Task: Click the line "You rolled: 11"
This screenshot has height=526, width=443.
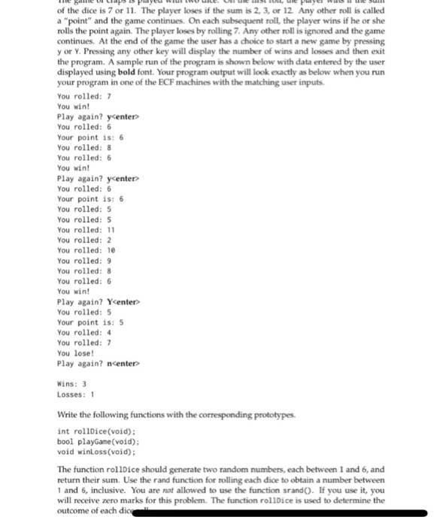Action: [85, 229]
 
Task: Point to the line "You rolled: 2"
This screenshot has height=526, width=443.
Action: [83, 240]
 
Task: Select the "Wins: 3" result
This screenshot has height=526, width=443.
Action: [72, 382]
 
